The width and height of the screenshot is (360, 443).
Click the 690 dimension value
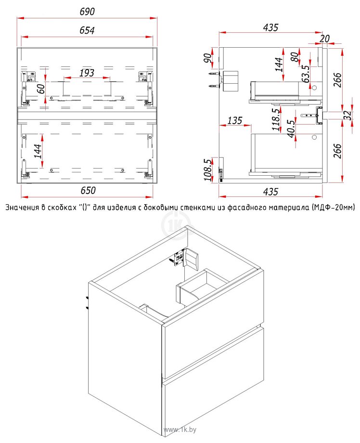click(87, 12)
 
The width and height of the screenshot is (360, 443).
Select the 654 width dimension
click(87, 30)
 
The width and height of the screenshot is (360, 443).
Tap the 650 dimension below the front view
click(88, 190)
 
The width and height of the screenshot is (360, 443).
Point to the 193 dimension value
click(87, 73)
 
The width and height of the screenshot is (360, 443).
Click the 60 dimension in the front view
click(41, 89)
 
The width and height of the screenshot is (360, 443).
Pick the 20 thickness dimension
click(325, 39)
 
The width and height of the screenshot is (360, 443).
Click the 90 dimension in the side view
click(207, 58)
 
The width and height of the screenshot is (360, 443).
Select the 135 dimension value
click(235, 121)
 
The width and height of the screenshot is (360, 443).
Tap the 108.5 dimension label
click(207, 170)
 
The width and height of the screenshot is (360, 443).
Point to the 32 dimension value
click(348, 115)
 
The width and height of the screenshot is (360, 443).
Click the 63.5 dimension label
click(306, 74)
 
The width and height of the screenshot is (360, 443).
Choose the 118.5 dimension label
click(276, 119)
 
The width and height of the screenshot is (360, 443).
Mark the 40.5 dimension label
click(291, 129)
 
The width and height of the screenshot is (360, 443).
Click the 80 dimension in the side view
click(295, 57)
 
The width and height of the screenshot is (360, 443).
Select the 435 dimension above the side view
click(270, 27)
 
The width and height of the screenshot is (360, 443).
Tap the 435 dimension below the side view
click(270, 192)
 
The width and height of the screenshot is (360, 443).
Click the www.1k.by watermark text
click(180, 430)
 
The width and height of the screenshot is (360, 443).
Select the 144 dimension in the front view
click(38, 151)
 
